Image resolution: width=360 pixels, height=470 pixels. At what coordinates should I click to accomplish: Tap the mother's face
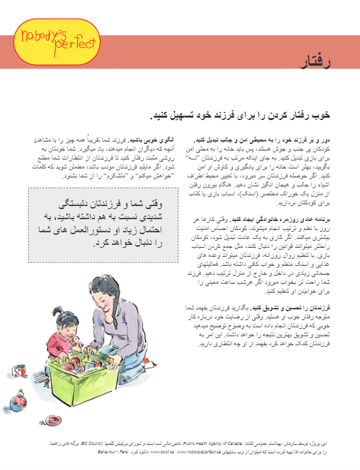coord(143,278)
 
